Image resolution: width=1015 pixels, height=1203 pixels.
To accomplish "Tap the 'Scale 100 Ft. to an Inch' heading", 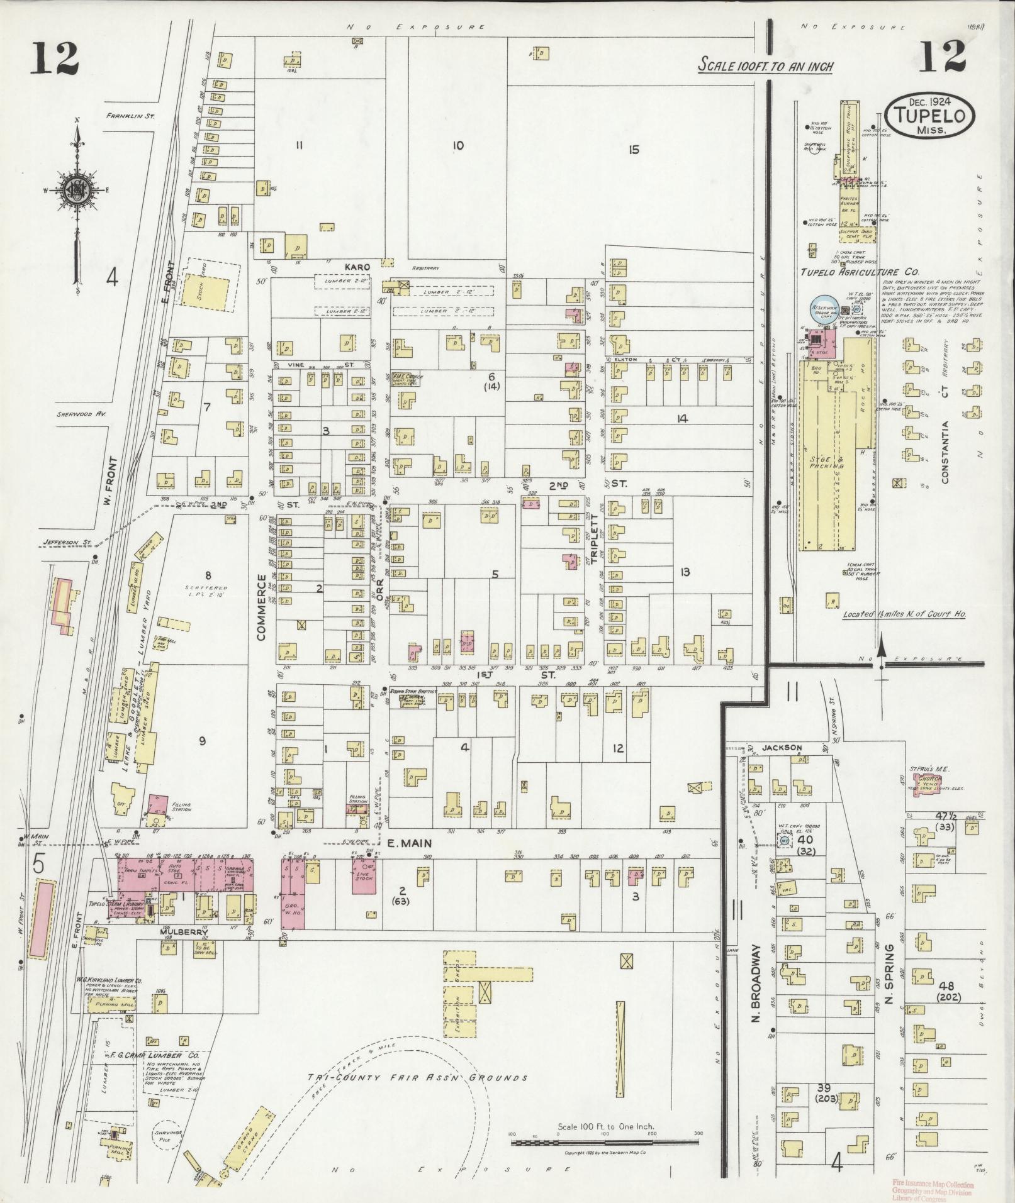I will point(765,65).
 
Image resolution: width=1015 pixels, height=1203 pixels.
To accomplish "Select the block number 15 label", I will point(633,150).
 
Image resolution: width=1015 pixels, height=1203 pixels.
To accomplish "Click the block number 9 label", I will point(202,741).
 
